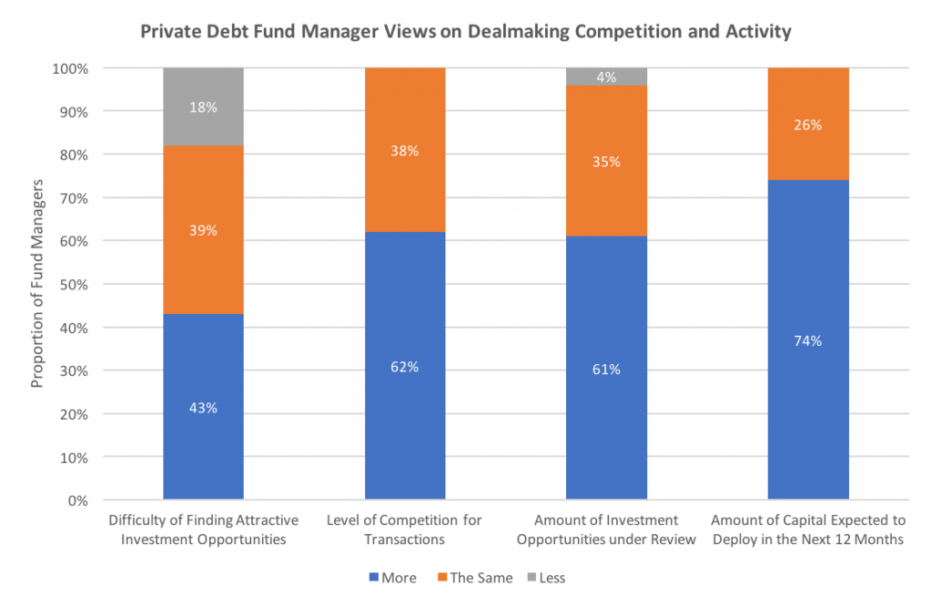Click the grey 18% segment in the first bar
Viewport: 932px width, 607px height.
203,106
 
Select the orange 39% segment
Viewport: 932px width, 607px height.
203,230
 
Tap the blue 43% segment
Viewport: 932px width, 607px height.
203,407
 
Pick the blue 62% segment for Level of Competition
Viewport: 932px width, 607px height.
405,366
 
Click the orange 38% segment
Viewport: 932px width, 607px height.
405,150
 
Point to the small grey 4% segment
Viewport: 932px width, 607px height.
606,77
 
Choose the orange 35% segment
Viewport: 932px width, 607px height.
606,162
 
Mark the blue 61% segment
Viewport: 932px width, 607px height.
606,368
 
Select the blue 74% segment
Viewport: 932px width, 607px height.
808,340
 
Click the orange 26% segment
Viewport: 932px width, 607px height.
808,125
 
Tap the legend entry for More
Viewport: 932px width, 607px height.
392,578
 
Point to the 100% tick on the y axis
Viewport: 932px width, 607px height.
69,68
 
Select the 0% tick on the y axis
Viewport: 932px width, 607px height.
76,501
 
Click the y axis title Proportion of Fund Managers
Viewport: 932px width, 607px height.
37,284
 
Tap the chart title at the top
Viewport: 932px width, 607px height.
466,32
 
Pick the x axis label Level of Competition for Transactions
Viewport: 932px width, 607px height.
404,529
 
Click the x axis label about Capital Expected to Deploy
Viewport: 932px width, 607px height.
808,529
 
